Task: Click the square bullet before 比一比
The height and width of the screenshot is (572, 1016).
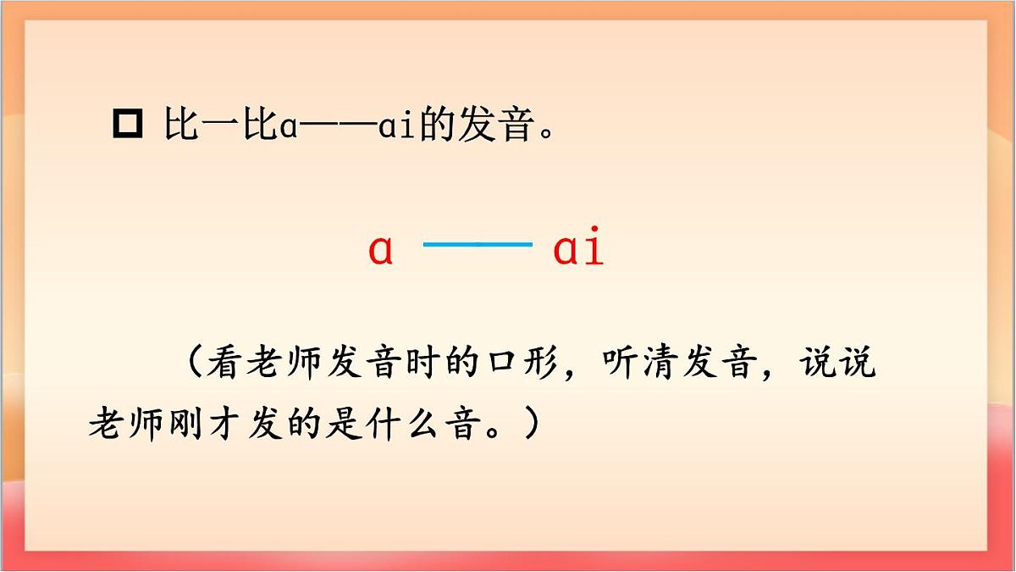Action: tap(128, 125)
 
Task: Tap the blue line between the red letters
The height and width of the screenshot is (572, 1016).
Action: tap(478, 244)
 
